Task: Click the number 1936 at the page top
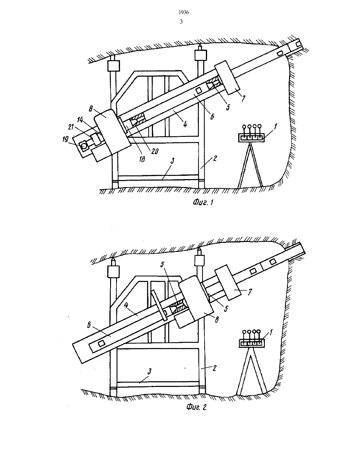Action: point(184,13)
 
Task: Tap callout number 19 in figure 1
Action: point(65,139)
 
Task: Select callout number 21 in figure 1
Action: point(71,127)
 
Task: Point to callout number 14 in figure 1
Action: point(80,120)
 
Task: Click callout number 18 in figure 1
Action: point(142,159)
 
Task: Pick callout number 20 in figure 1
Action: point(155,152)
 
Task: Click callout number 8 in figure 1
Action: point(91,109)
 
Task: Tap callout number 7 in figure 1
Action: point(243,99)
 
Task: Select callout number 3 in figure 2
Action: point(150,371)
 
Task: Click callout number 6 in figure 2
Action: point(89,325)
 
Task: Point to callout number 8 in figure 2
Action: point(217,320)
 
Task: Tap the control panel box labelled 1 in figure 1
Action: point(251,137)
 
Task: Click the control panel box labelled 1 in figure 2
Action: point(252,343)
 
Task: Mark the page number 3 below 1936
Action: point(181,22)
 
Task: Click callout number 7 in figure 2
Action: point(250,292)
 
